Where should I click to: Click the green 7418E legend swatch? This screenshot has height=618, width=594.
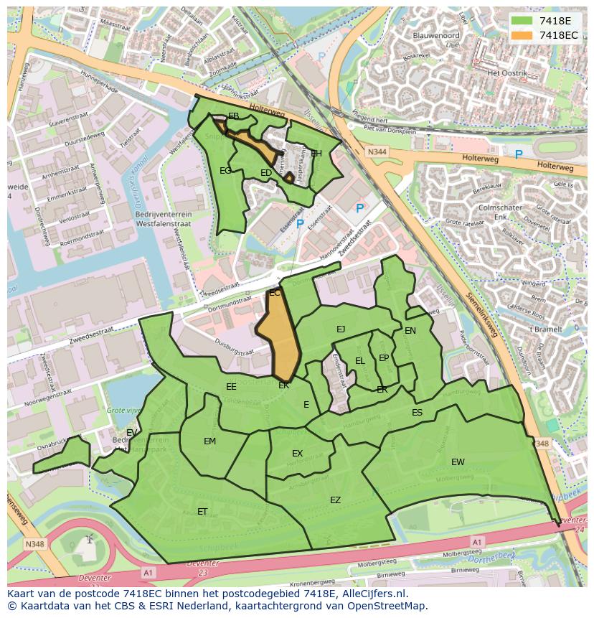click(x=522, y=21)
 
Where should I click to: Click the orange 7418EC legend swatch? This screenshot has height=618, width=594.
click(x=522, y=35)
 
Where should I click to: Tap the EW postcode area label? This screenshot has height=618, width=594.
click(x=458, y=462)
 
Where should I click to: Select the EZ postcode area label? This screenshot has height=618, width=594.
click(x=335, y=500)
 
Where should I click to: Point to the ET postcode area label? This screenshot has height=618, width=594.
click(x=202, y=512)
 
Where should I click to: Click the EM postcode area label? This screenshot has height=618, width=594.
click(x=209, y=441)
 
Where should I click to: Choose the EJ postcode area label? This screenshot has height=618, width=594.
click(x=341, y=329)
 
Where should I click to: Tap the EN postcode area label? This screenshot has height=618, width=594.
click(x=410, y=331)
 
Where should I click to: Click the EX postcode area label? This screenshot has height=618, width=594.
click(x=297, y=454)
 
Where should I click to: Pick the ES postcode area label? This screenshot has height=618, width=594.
click(x=417, y=413)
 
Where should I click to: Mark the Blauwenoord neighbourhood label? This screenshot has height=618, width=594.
click(x=436, y=34)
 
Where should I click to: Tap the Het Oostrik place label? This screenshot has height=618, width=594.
click(x=507, y=74)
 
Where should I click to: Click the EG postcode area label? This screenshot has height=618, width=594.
click(x=225, y=171)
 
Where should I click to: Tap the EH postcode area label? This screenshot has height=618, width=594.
click(x=316, y=154)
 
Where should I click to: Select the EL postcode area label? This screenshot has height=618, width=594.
click(x=359, y=361)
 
